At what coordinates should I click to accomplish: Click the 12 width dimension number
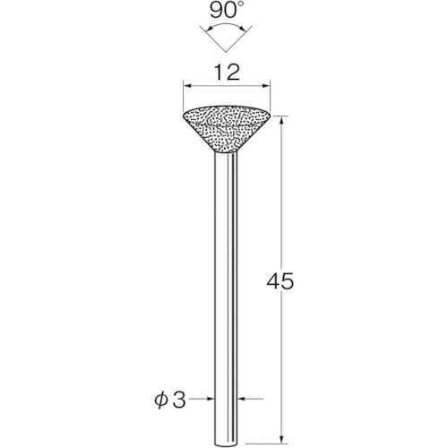[227, 73]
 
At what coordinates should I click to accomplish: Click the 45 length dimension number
[280, 281]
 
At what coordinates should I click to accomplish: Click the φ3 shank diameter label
[170, 400]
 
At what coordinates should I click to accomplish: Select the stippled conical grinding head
[227, 128]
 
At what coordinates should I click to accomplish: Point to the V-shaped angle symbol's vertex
[226, 52]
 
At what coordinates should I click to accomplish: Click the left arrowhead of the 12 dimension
[187, 86]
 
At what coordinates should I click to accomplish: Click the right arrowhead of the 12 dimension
[265, 86]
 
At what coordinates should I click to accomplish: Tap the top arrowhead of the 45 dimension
[281, 120]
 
